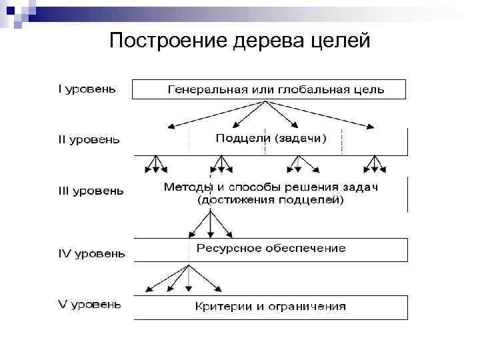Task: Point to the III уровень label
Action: pyautogui.click(x=89, y=191)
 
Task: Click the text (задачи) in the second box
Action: pyautogui.click(x=301, y=139)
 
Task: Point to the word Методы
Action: pyautogui.click(x=186, y=187)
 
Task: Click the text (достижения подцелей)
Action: pyautogui.click(x=270, y=199)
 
